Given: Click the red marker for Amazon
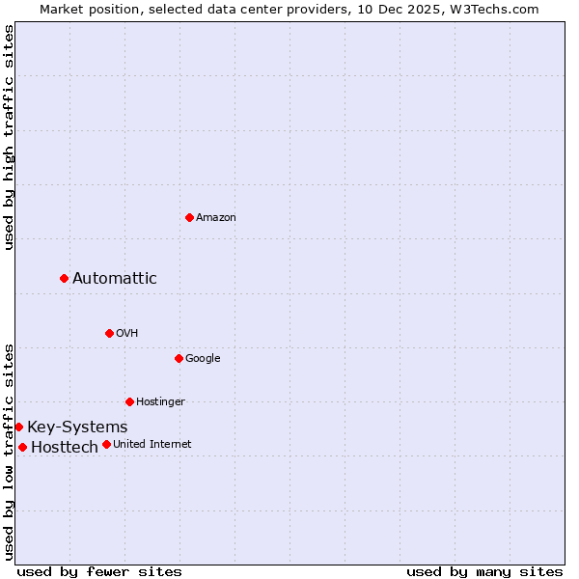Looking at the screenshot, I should click(189, 217).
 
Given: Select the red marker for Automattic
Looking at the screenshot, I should click(65, 278).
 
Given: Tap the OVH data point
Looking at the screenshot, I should click(109, 333).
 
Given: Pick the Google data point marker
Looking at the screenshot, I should click(179, 358).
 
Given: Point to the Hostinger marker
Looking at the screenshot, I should click(129, 401).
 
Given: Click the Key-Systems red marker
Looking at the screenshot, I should click(19, 427).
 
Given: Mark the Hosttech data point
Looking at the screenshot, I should click(22, 447).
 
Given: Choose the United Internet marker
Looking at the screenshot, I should click(106, 444).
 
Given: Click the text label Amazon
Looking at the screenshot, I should click(216, 217).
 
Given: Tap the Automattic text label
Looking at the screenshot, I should click(115, 278).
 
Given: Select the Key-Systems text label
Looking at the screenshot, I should click(77, 427).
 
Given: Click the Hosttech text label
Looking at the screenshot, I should click(65, 447).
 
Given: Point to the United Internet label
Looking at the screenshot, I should click(152, 444).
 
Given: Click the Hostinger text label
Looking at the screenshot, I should click(160, 401).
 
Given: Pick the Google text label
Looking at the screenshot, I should click(203, 358).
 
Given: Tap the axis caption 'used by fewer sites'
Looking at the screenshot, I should click(99, 571).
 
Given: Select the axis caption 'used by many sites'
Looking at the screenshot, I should click(484, 571).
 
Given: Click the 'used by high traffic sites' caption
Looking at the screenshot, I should click(10, 138).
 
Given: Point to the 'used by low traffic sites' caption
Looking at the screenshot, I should click(10, 452).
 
